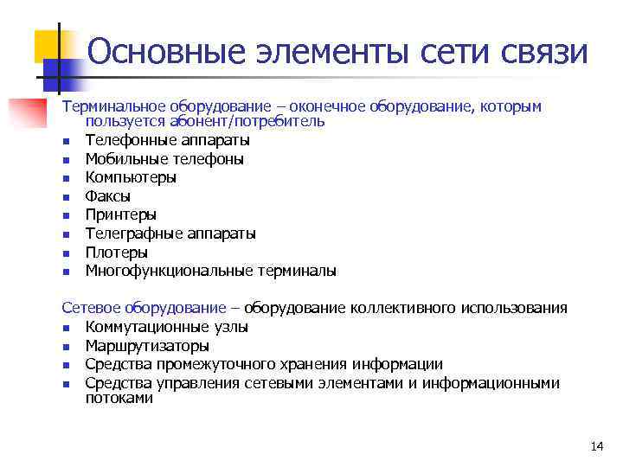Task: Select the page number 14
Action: point(596,446)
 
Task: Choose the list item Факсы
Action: point(108,196)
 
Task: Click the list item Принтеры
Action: point(121,214)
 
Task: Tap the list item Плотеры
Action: point(117,253)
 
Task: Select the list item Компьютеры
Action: point(131,177)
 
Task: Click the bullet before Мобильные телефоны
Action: point(66,159)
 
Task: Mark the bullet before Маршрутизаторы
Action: point(66,346)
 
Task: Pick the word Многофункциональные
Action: point(169,271)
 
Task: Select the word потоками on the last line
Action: point(119,398)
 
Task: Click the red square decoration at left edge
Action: point(23,113)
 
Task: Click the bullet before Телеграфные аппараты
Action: point(66,234)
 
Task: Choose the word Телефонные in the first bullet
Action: point(126,140)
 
